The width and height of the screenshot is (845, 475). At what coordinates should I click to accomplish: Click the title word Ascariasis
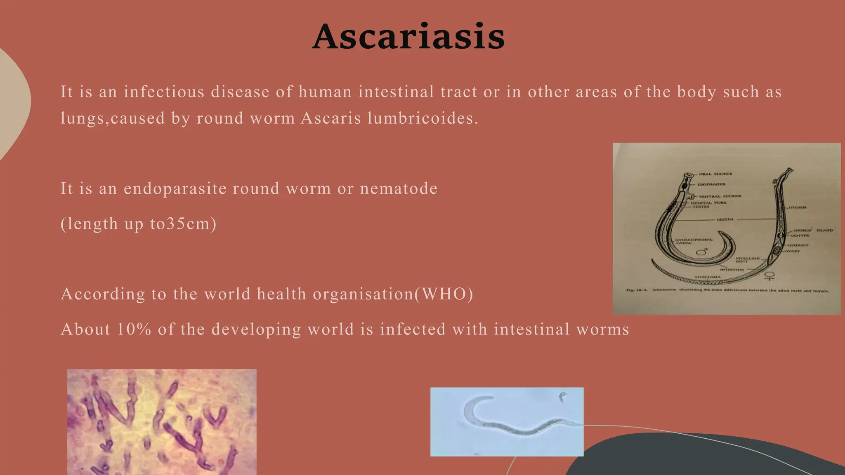[408, 37]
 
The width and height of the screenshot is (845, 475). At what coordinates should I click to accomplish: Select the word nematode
[399, 188]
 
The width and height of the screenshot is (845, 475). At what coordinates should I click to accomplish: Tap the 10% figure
[134, 329]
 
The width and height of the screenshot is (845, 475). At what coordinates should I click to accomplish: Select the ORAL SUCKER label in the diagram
[715, 174]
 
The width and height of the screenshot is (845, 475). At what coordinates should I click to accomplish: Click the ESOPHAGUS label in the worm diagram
[711, 184]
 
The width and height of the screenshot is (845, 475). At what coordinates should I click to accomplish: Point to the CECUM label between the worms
[725, 219]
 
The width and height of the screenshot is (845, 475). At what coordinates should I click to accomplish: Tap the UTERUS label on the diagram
[798, 207]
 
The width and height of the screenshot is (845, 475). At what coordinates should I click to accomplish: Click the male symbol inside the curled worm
[702, 251]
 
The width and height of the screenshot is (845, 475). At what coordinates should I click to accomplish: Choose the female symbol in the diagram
[769, 275]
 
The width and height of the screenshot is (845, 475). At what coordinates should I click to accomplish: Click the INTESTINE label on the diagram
[732, 270]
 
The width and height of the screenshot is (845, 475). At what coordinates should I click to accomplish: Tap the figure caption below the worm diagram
[727, 290]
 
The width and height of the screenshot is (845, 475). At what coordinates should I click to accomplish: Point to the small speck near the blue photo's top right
[562, 397]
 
